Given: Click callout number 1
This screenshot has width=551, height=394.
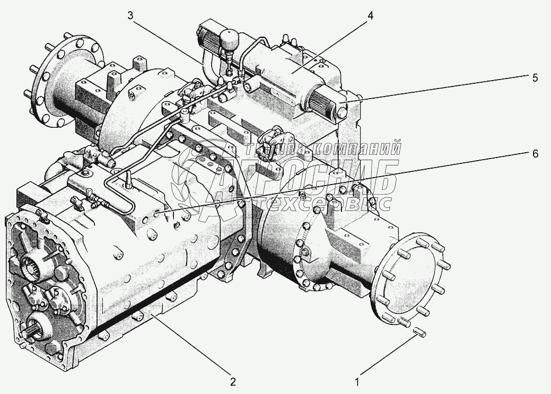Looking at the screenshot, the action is click(358, 381).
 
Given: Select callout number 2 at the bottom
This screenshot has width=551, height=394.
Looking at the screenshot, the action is click(232, 381).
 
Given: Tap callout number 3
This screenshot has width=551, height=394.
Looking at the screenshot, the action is click(130, 15).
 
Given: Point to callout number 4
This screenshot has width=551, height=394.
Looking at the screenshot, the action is click(370, 15).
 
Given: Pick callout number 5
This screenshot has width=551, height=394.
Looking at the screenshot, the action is click(535, 77).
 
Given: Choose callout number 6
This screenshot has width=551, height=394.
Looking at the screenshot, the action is click(535, 154).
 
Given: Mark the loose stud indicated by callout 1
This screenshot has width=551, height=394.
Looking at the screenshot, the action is click(418, 332).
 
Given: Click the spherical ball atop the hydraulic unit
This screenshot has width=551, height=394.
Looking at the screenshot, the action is click(229, 39).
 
